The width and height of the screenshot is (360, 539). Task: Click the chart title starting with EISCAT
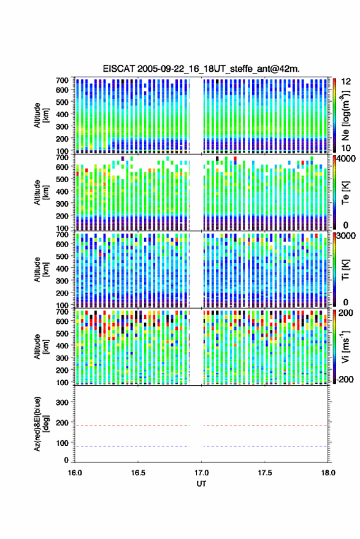coord(201,69)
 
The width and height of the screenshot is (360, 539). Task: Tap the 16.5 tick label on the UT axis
coord(138,473)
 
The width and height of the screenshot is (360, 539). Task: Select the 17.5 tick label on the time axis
coord(265,473)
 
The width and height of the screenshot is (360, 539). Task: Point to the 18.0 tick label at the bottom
coord(328,473)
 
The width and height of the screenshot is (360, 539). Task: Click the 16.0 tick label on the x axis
coord(75,473)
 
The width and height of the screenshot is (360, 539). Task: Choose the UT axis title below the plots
coord(202,484)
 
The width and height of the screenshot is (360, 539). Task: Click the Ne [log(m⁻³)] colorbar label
coord(345,115)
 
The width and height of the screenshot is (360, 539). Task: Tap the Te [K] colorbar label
coord(345,193)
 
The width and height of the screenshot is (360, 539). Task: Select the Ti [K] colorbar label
coord(345,270)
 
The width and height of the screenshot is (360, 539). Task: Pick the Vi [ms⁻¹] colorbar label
coord(345,346)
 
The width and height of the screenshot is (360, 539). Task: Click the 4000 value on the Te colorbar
coord(346,159)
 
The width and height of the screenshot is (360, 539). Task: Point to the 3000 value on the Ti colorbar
coord(346,236)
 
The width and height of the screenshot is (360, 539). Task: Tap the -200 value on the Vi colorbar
coord(345,379)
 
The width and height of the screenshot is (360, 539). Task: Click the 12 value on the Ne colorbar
coord(346,82)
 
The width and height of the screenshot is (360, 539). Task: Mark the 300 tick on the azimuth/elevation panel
coord(62,402)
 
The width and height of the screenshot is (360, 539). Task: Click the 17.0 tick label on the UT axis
coord(202,473)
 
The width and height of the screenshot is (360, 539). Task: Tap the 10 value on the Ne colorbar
coord(346,148)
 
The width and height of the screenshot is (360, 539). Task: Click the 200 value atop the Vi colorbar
coord(346,313)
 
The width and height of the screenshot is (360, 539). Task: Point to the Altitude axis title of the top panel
coord(40,115)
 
